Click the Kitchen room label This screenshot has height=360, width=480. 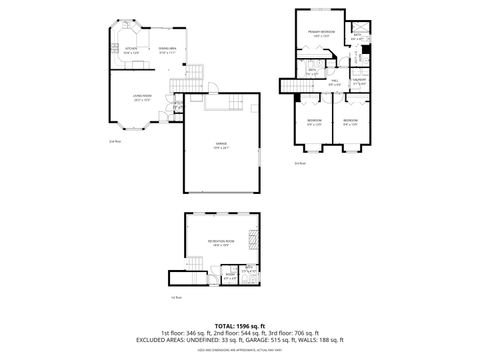(x=130, y=51)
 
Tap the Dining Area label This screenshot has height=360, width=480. (x=167, y=51)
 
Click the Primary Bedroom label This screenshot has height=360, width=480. (x=320, y=35)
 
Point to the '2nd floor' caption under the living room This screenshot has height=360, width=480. (x=114, y=141)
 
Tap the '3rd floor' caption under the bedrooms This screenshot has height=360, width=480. (x=301, y=163)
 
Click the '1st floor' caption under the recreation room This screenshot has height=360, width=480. (x=176, y=296)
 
